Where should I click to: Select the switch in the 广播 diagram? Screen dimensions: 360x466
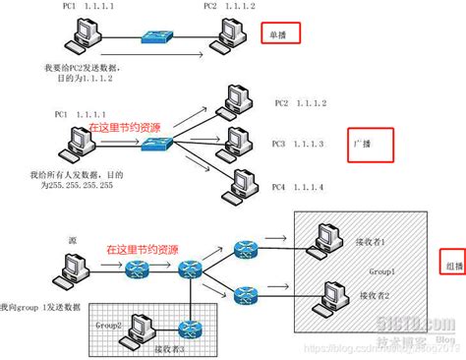[x=156, y=144]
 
